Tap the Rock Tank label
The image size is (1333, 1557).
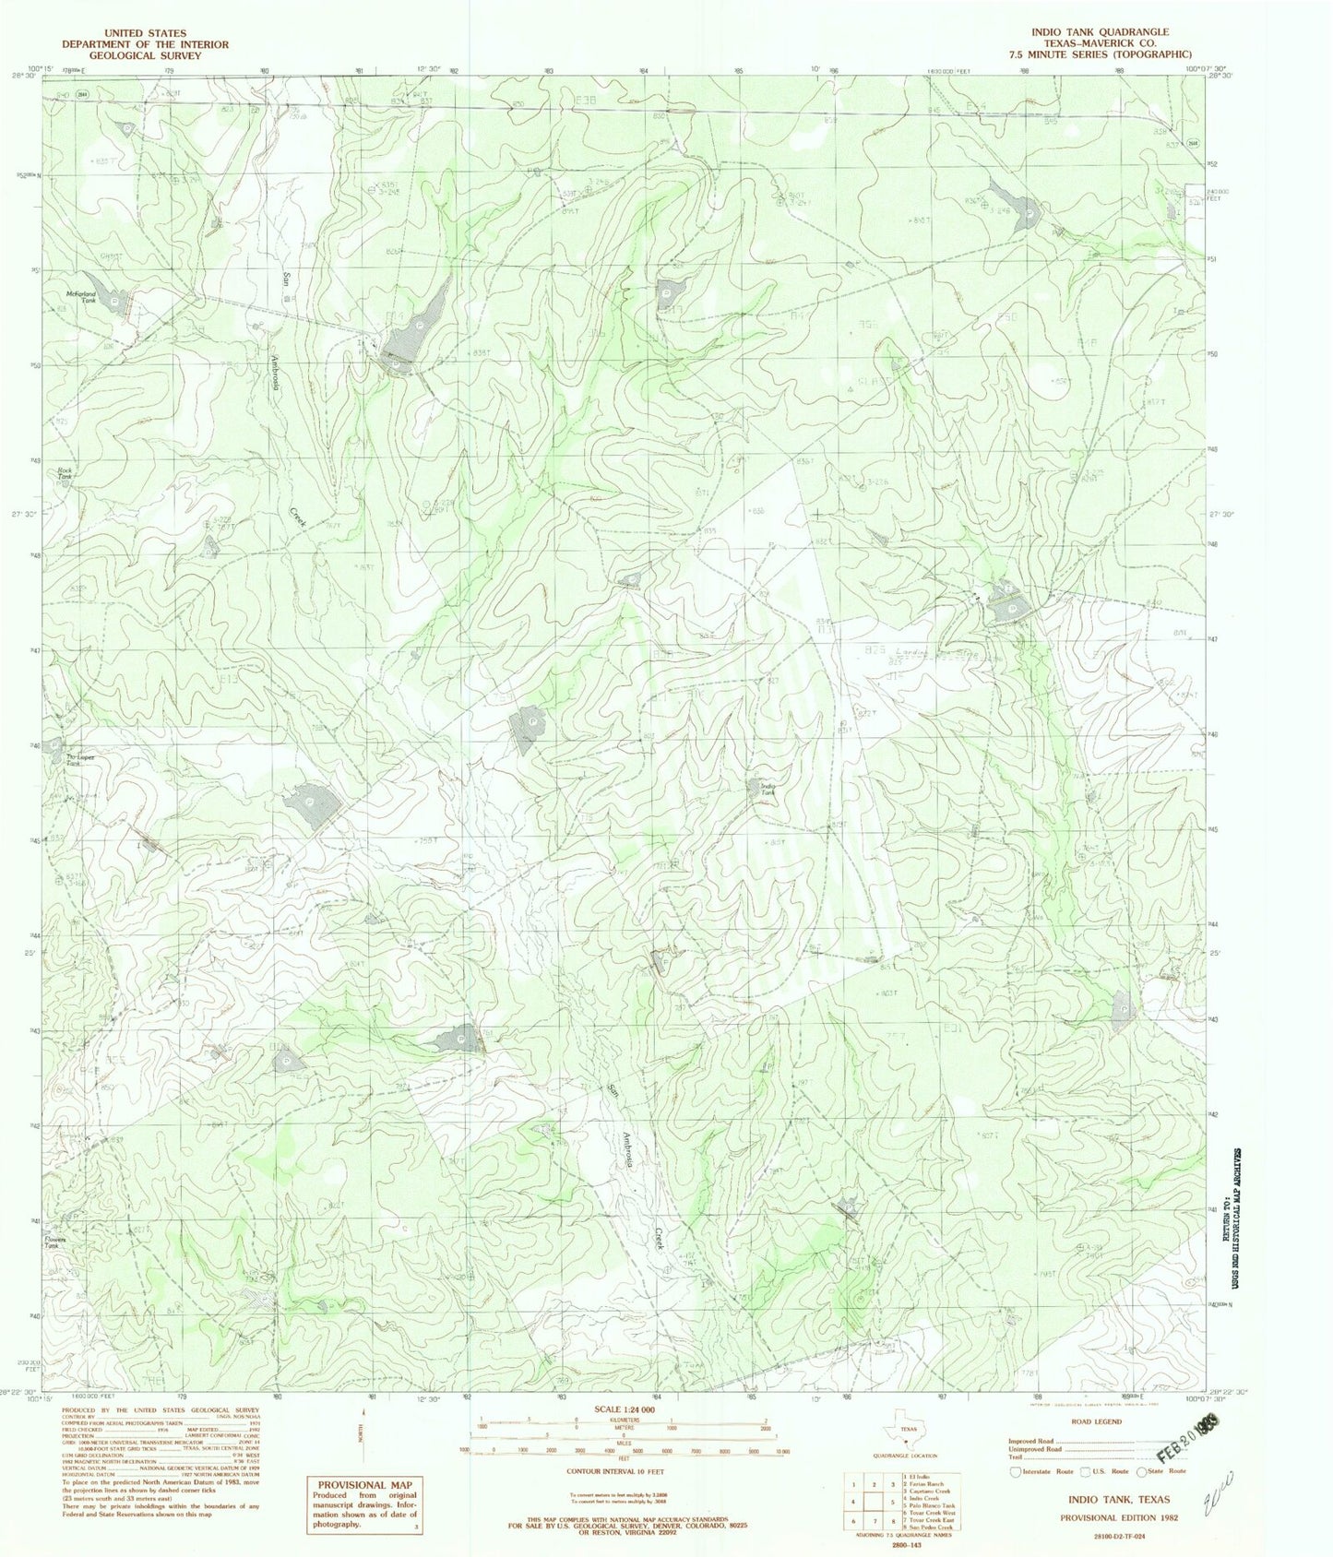point(65,473)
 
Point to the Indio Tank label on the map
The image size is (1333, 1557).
point(767,789)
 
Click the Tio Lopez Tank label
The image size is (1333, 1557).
point(78,759)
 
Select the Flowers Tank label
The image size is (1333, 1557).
point(57,1243)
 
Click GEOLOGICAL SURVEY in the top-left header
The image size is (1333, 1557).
point(145,55)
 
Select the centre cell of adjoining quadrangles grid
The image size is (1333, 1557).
point(876,1501)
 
